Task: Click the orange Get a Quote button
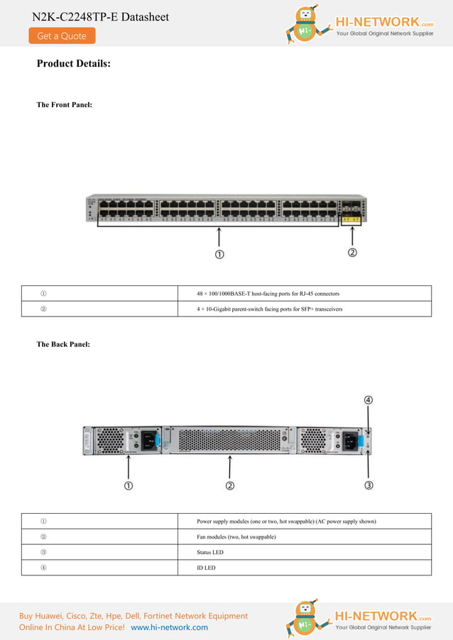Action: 62,35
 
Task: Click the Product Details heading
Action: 74,64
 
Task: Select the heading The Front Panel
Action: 64,105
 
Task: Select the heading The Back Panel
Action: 63,344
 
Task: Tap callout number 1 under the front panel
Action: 220,254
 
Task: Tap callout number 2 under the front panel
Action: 351,253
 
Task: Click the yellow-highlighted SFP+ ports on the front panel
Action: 351,220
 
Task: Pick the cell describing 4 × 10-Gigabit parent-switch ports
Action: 270,309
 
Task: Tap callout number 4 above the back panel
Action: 369,399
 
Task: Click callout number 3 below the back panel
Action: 369,485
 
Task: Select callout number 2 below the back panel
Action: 230,485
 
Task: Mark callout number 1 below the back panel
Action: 129,485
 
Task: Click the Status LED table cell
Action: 210,552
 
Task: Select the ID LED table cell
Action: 206,568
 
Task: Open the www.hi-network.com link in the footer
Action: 170,627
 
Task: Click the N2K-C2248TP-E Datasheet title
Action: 100,16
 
